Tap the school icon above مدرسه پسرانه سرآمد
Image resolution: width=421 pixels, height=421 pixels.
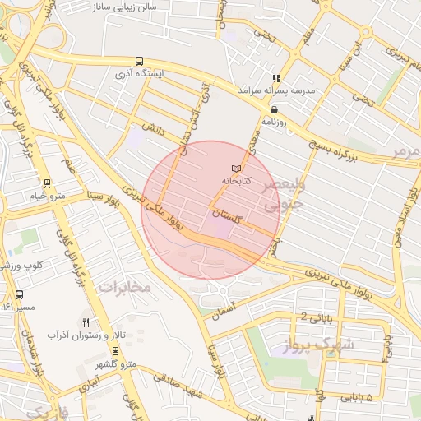pyautogui.click(x=287, y=77)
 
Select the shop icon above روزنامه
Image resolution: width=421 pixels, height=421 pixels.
pyautogui.click(x=274, y=109)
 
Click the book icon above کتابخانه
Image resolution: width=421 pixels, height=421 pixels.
pyautogui.click(x=237, y=169)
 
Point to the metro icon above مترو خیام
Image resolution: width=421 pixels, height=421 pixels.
pyautogui.click(x=48, y=184)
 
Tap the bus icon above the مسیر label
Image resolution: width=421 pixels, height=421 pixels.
pyautogui.click(x=19, y=294)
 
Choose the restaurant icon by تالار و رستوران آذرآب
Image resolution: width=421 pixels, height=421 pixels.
pyautogui.click(x=87, y=322)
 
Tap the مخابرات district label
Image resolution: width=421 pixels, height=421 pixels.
pyautogui.click(x=125, y=287)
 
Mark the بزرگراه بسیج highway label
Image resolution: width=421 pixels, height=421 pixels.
pyautogui.click(x=337, y=148)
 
